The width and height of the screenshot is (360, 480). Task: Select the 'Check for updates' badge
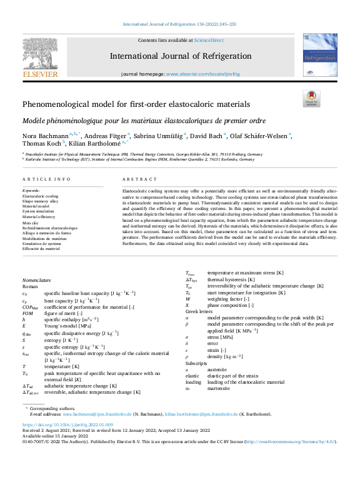tap(311, 98)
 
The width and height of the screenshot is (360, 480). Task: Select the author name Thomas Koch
tap(40, 144)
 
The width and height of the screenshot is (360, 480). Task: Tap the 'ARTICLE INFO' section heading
tap(46, 179)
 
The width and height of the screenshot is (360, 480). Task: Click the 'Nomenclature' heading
tap(36, 281)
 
